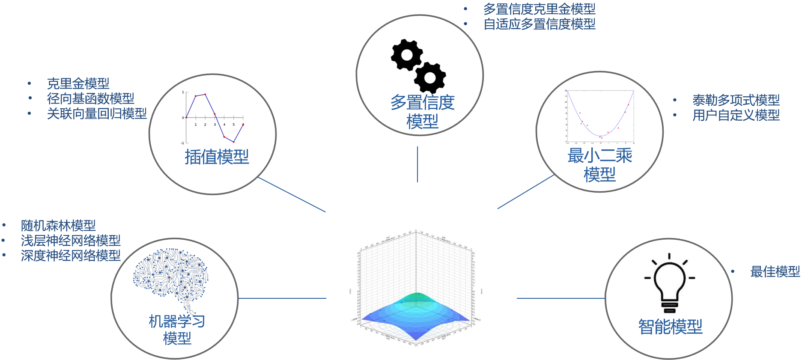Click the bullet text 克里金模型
tap(78, 83)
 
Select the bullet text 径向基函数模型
tap(90, 98)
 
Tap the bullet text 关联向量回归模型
tap(97, 113)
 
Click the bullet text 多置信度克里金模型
tap(539, 9)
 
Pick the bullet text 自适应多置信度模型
tap(539, 24)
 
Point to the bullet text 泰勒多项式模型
tap(736, 100)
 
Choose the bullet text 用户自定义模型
tap(736, 115)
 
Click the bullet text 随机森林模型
tap(58, 225)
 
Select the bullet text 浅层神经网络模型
tap(71, 240)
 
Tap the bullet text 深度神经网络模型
tap(71, 256)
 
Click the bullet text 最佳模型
tap(775, 271)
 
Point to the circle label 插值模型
tap(217, 157)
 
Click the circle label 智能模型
tap(670, 327)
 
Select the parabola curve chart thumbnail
tap(599, 116)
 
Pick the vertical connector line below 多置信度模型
tap(417, 164)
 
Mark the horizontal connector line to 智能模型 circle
tap(561, 298)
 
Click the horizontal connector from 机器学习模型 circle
tap(282, 298)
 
